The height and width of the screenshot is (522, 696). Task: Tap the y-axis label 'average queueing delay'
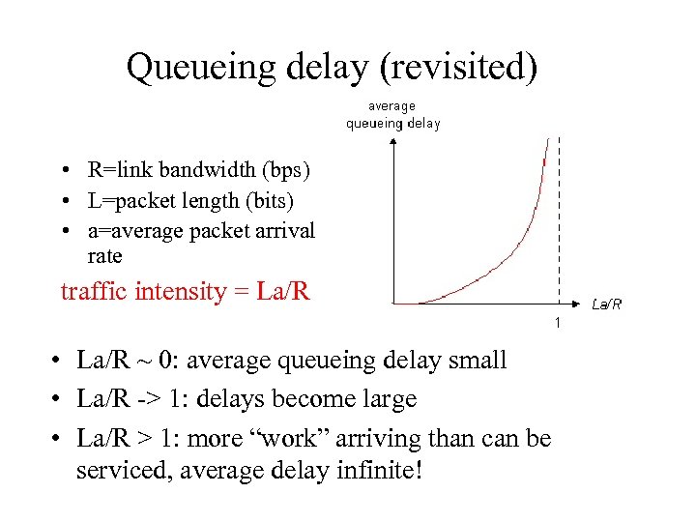(393, 114)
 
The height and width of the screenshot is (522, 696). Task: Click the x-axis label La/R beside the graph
(606, 304)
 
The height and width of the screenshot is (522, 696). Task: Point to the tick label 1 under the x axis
(558, 321)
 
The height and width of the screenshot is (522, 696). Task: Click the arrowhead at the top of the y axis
(393, 143)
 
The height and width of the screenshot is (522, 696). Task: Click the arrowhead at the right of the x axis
(578, 304)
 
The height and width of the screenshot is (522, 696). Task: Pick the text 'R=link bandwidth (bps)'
(199, 171)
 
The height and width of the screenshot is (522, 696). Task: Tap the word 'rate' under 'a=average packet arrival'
(104, 256)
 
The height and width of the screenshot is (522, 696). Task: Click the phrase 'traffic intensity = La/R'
(185, 291)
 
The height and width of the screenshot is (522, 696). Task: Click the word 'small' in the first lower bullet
(473, 361)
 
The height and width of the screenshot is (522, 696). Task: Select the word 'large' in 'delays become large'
(384, 398)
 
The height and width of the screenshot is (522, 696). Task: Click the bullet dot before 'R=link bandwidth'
(60, 172)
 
